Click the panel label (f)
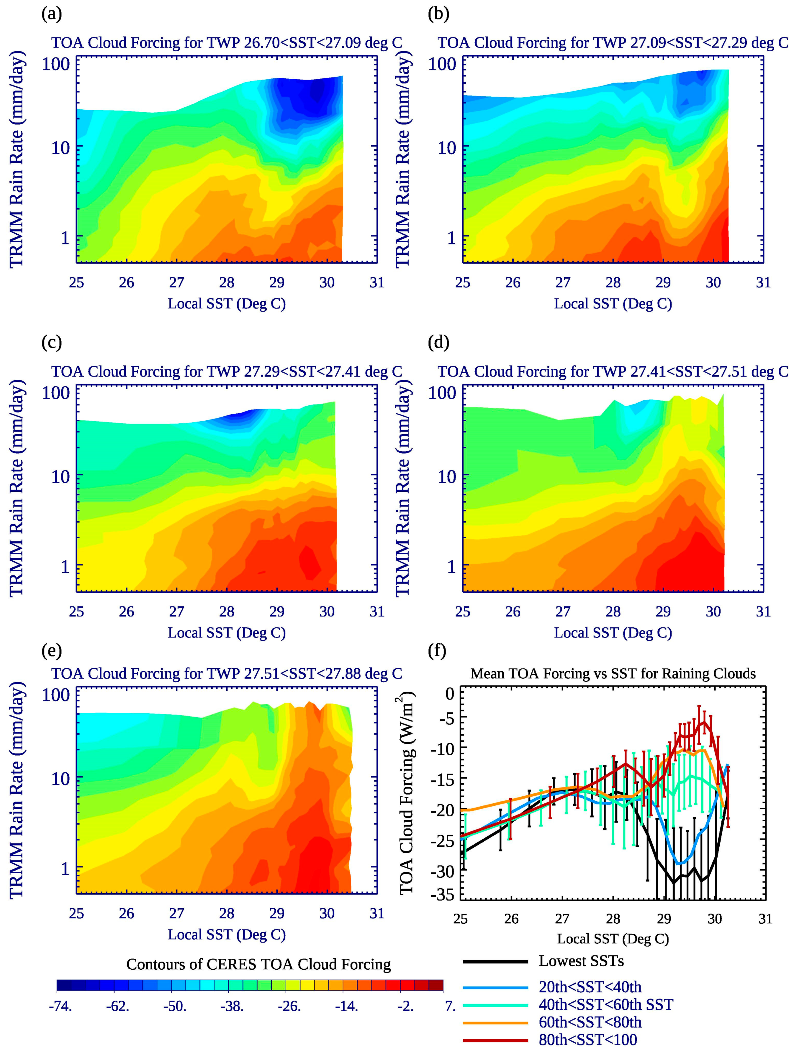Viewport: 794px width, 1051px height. [x=437, y=650]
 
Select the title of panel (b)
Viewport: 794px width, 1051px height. [x=613, y=43]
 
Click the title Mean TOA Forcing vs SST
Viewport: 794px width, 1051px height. [x=613, y=673]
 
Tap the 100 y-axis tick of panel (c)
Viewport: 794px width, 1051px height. [x=56, y=392]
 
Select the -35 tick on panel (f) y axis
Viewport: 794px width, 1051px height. [x=442, y=895]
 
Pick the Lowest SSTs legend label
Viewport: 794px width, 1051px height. [x=581, y=961]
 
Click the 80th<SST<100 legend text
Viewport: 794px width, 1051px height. [x=588, y=1040]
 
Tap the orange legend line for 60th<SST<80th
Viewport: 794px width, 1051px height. [x=495, y=1022]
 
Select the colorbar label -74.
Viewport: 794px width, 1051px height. [x=60, y=1006]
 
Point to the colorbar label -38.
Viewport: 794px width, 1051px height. [x=232, y=1006]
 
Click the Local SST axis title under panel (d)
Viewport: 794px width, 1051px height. [x=613, y=633]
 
